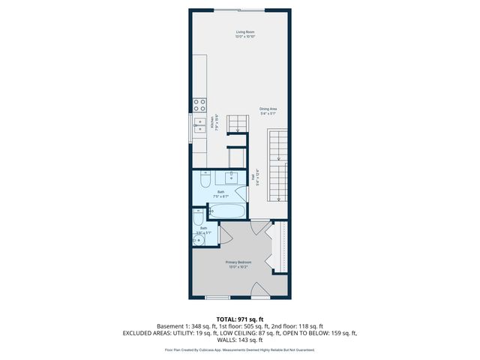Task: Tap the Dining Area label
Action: point(268,112)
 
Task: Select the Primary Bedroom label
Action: point(239,264)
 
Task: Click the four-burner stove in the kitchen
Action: point(199,105)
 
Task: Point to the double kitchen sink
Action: point(199,125)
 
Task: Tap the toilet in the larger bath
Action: point(205,181)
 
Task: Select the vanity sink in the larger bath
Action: point(231,178)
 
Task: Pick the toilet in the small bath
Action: point(198,219)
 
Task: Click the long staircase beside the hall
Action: point(279,165)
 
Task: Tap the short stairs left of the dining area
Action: point(237,123)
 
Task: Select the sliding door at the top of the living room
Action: point(240,10)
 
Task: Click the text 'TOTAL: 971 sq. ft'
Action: point(240,319)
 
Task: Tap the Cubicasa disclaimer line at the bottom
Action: point(240,349)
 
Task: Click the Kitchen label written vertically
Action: point(217,123)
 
